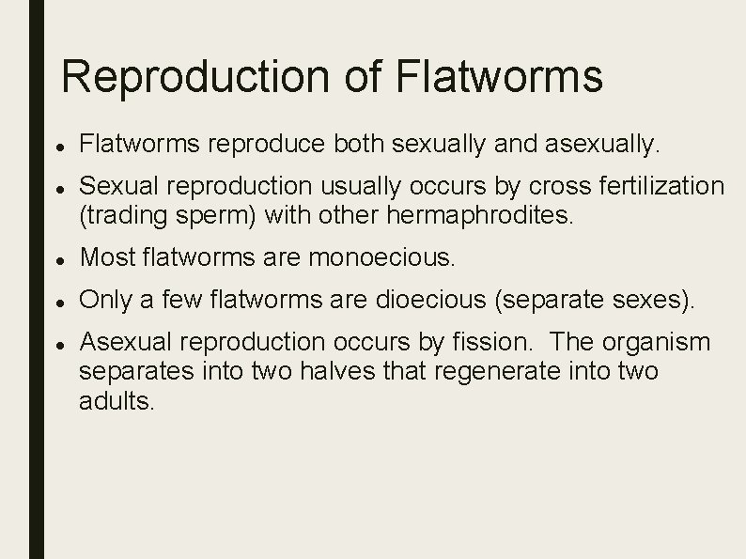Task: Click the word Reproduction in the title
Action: pyautogui.click(x=201, y=77)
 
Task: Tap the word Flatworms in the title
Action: pyautogui.click(x=500, y=77)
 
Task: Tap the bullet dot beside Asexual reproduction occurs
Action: pyautogui.click(x=59, y=343)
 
